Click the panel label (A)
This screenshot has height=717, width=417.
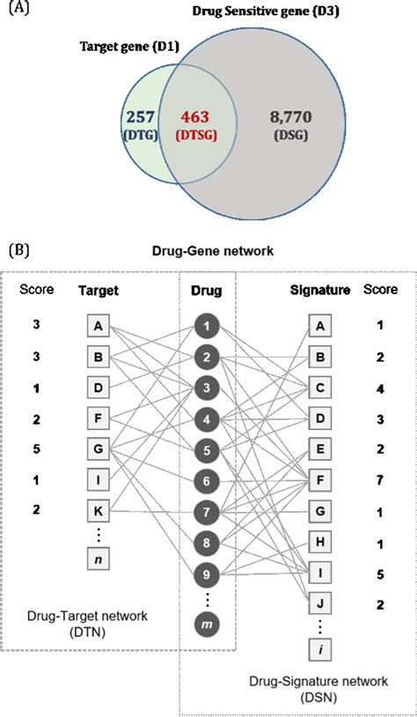coord(24,11)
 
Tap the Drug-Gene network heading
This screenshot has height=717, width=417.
coord(208,249)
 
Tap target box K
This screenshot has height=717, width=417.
coord(99,508)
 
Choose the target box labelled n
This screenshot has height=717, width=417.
coord(99,558)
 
